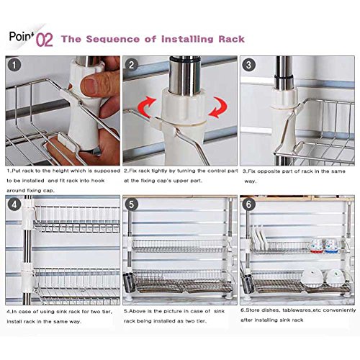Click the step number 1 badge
[14, 66]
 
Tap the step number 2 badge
[132, 65]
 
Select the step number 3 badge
[248, 65]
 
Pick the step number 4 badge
[14, 204]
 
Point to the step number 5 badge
[132, 204]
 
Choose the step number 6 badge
[248, 204]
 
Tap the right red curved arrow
[218, 107]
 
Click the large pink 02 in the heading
[45, 40]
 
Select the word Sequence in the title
[112, 39]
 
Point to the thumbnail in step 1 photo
[89, 84]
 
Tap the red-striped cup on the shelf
[317, 246]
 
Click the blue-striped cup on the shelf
[331, 246]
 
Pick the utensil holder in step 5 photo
[129, 283]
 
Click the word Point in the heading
[21, 36]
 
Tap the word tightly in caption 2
[166, 171]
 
